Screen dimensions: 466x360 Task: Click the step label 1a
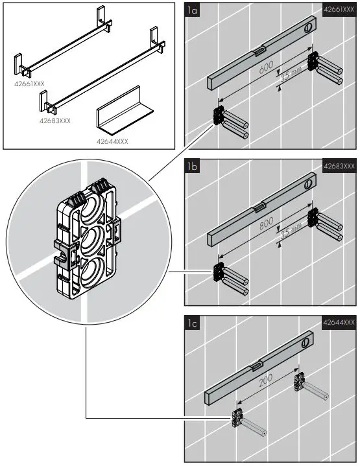[192, 10]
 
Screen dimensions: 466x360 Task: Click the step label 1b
[192, 167]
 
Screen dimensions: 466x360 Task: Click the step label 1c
[192, 323]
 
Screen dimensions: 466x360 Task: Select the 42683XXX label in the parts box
[56, 121]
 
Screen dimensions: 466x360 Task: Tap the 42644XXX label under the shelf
[112, 141]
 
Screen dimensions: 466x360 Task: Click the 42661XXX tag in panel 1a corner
[339, 10]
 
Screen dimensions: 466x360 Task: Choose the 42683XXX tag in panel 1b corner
[339, 167]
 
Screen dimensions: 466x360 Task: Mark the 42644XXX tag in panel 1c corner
[339, 323]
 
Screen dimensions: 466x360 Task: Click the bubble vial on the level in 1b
[259, 207]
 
